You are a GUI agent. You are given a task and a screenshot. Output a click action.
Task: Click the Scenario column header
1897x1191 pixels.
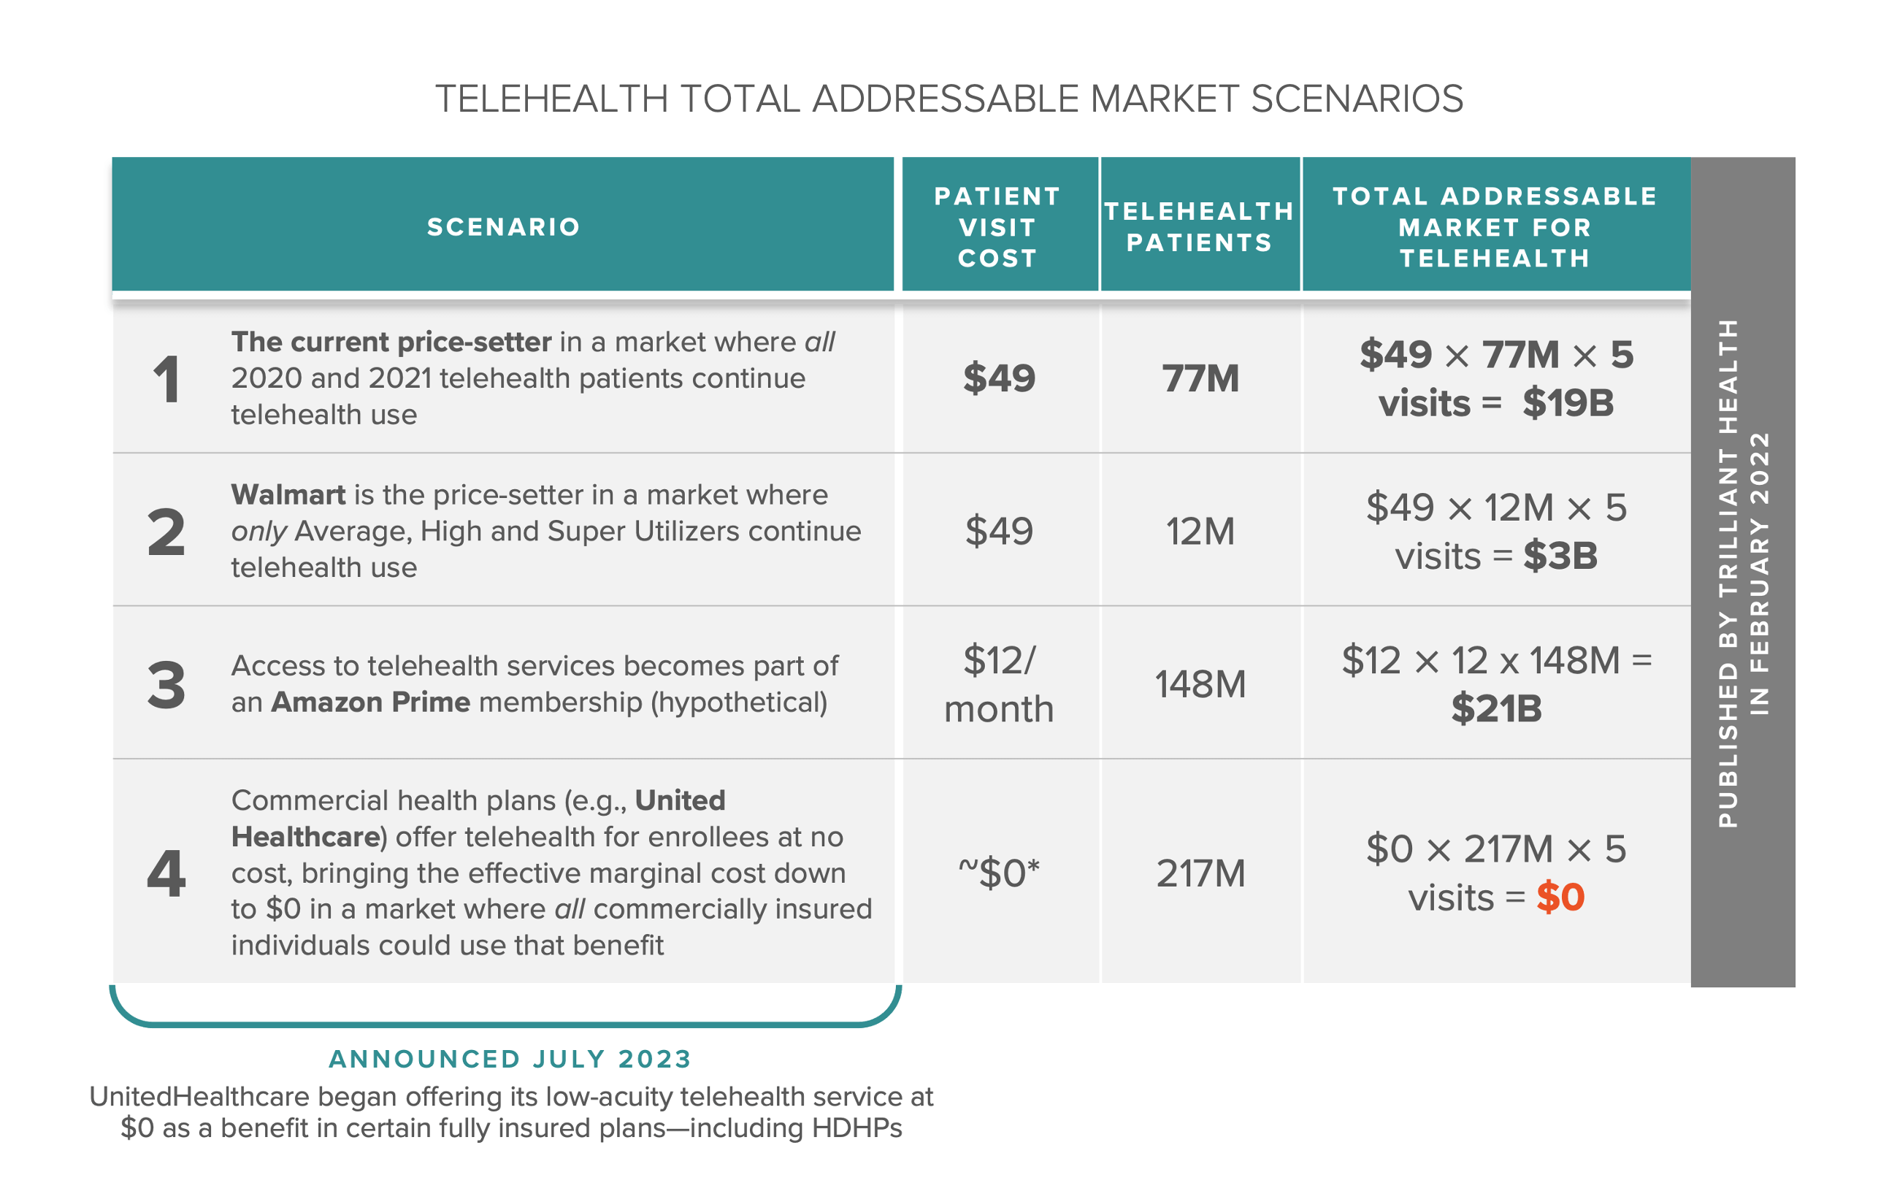pyautogui.click(x=503, y=227)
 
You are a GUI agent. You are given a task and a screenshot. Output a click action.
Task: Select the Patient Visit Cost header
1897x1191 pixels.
pyautogui.click(x=997, y=227)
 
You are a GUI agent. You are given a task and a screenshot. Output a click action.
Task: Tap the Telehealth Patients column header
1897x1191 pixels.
pyautogui.click(x=1198, y=227)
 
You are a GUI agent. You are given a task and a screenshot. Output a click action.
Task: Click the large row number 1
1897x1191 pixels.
pyautogui.click(x=166, y=379)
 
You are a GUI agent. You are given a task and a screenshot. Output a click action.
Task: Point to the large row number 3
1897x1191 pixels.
pyautogui.click(x=166, y=684)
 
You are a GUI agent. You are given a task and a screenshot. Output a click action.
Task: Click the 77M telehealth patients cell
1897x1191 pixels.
pyautogui.click(x=1200, y=378)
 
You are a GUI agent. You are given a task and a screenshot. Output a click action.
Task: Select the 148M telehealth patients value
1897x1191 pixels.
pyautogui.click(x=1200, y=683)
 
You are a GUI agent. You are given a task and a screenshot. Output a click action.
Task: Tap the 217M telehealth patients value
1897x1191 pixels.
pyautogui.click(x=1200, y=873)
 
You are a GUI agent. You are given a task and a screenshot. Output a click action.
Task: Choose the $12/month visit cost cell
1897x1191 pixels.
pyautogui.click(x=998, y=683)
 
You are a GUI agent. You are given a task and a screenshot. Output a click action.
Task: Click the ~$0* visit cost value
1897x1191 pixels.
pyautogui.click(x=998, y=873)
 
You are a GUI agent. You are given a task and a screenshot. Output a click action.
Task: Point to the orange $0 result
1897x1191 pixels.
pyautogui.click(x=1559, y=897)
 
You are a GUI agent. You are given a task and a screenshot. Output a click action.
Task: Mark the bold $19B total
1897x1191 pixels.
pyautogui.click(x=1567, y=403)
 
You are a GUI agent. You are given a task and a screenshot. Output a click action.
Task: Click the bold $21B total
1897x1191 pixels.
pyautogui.click(x=1496, y=709)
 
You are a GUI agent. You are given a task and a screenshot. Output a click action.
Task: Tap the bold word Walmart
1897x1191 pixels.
pyautogui.click(x=288, y=494)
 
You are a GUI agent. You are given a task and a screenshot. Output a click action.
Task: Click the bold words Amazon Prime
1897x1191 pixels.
pyautogui.click(x=370, y=702)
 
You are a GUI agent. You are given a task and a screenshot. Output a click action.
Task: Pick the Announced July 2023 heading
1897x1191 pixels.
pyautogui.click(x=510, y=1059)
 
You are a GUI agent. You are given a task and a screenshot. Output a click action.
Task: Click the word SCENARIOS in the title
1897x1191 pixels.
pyautogui.click(x=1356, y=99)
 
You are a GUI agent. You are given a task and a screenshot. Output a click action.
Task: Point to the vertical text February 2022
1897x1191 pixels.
pyautogui.click(x=1759, y=572)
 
